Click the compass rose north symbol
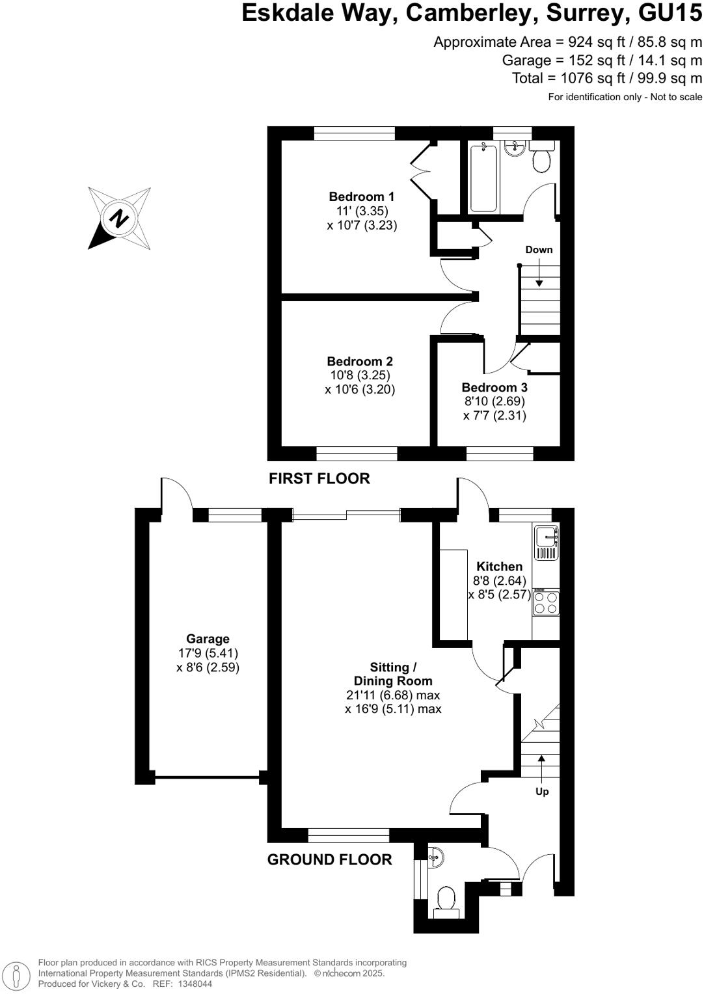point(119,218)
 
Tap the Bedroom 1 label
point(361,196)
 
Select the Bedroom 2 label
point(360,361)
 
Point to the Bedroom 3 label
point(494,388)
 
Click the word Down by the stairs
point(539,250)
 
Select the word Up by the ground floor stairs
point(542,792)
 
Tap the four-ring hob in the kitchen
point(546,602)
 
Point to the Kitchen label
point(499,567)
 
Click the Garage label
point(208,639)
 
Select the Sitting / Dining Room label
point(393,674)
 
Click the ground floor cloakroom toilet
point(446,902)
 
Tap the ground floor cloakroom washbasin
point(437,857)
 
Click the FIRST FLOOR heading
point(319,479)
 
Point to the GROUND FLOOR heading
point(330,860)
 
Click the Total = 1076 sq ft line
point(607,78)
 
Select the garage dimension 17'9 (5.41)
point(208,653)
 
